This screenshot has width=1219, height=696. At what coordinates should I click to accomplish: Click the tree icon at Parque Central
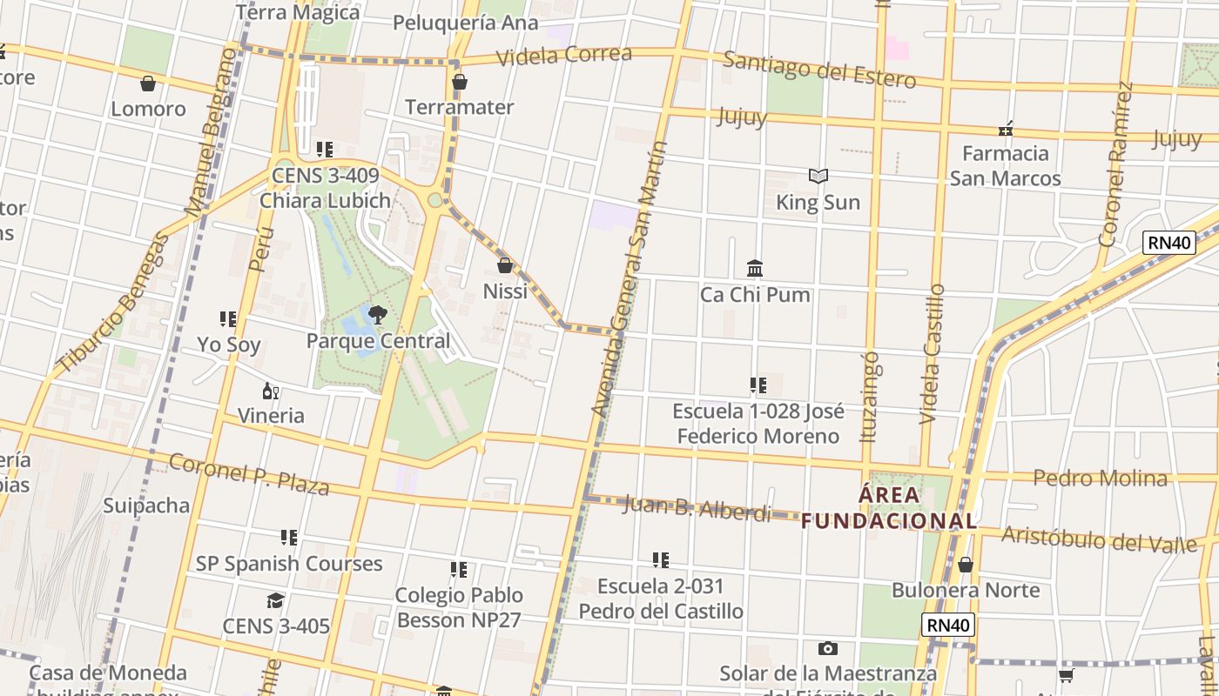[377, 315]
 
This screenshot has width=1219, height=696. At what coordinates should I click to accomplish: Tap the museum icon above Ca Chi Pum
[755, 268]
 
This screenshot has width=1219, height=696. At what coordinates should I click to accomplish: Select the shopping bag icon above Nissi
[505, 265]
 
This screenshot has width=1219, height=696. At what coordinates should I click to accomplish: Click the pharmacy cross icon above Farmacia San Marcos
[1006, 130]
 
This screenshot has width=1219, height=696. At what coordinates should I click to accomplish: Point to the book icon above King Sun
[818, 177]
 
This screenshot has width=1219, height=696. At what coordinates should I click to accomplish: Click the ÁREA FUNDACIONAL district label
[889, 508]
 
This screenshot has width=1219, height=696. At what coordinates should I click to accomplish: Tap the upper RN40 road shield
[1168, 243]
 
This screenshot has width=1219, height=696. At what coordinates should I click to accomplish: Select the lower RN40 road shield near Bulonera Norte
[947, 624]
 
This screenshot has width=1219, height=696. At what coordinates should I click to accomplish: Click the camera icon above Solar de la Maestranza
[827, 648]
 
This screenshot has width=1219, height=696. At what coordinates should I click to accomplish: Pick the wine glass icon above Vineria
[271, 391]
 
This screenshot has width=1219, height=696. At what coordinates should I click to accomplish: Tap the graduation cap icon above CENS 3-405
[276, 600]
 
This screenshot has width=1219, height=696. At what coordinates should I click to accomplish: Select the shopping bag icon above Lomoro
[148, 84]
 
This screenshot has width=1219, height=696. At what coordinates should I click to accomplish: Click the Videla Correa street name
[564, 55]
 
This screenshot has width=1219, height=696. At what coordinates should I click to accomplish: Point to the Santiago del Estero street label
[818, 70]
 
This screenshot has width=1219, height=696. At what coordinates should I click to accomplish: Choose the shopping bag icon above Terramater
[459, 82]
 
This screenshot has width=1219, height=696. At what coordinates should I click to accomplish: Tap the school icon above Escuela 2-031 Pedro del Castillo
[661, 560]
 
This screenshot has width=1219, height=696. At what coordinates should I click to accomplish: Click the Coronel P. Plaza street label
[249, 474]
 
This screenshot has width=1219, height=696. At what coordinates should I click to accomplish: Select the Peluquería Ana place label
[465, 23]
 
